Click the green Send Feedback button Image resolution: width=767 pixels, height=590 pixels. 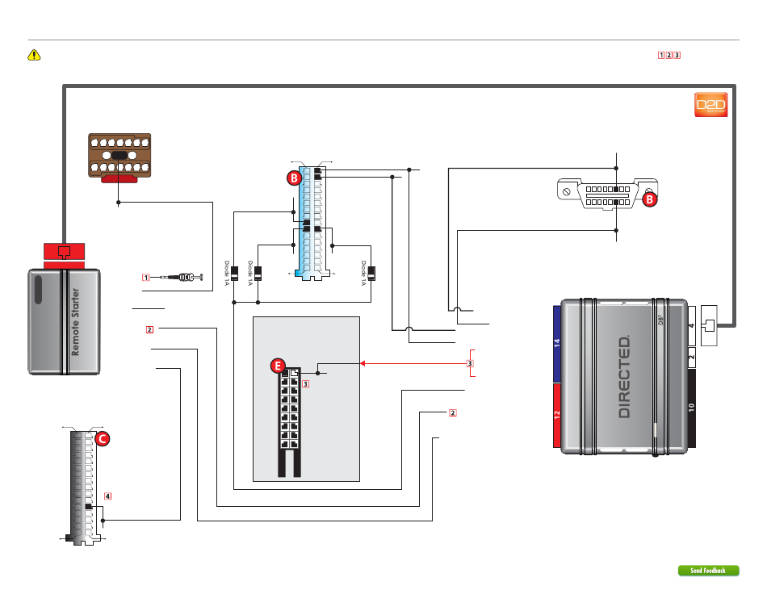(708, 571)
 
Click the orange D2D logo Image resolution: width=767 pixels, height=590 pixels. (711, 107)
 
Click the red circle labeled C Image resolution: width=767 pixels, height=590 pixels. (103, 439)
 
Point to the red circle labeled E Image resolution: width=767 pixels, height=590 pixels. (279, 367)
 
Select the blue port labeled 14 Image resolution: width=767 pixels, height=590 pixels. (556, 343)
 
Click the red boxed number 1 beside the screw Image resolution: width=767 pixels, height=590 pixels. (146, 278)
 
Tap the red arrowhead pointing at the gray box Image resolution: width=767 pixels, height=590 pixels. (363, 364)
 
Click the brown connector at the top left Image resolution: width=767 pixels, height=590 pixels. (118, 154)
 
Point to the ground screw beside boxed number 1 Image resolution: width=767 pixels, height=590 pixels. (184, 278)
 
